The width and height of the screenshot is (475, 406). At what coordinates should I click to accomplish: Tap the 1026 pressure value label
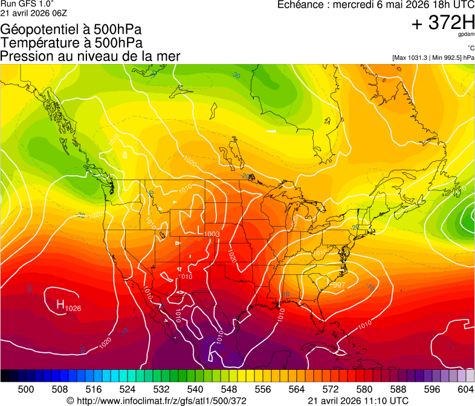[x=73, y=309]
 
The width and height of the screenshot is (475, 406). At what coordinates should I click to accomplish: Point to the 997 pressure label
[x=338, y=285]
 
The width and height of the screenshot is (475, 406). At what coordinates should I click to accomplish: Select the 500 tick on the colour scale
[x=26, y=389]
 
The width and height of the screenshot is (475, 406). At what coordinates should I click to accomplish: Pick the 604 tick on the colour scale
[x=465, y=389]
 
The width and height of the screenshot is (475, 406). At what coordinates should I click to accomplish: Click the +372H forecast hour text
[x=442, y=23]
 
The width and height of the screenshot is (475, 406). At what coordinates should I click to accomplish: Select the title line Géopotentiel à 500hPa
[x=71, y=30]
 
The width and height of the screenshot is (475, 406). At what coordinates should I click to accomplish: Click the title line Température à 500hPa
[x=71, y=43]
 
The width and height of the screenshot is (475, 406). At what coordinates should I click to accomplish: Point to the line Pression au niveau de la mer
[x=90, y=56]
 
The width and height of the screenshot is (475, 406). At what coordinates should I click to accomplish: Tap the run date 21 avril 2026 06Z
[x=34, y=13]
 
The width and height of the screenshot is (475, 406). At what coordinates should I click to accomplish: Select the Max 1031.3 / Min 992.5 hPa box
[x=433, y=57]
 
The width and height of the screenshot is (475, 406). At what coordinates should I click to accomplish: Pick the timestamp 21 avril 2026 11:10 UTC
[x=358, y=401]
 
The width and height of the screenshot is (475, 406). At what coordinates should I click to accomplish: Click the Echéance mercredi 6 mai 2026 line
[x=375, y=5]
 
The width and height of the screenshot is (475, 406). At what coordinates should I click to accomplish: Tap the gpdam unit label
[x=466, y=35]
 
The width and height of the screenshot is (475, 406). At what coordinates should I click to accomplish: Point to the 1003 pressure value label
[x=212, y=234]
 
